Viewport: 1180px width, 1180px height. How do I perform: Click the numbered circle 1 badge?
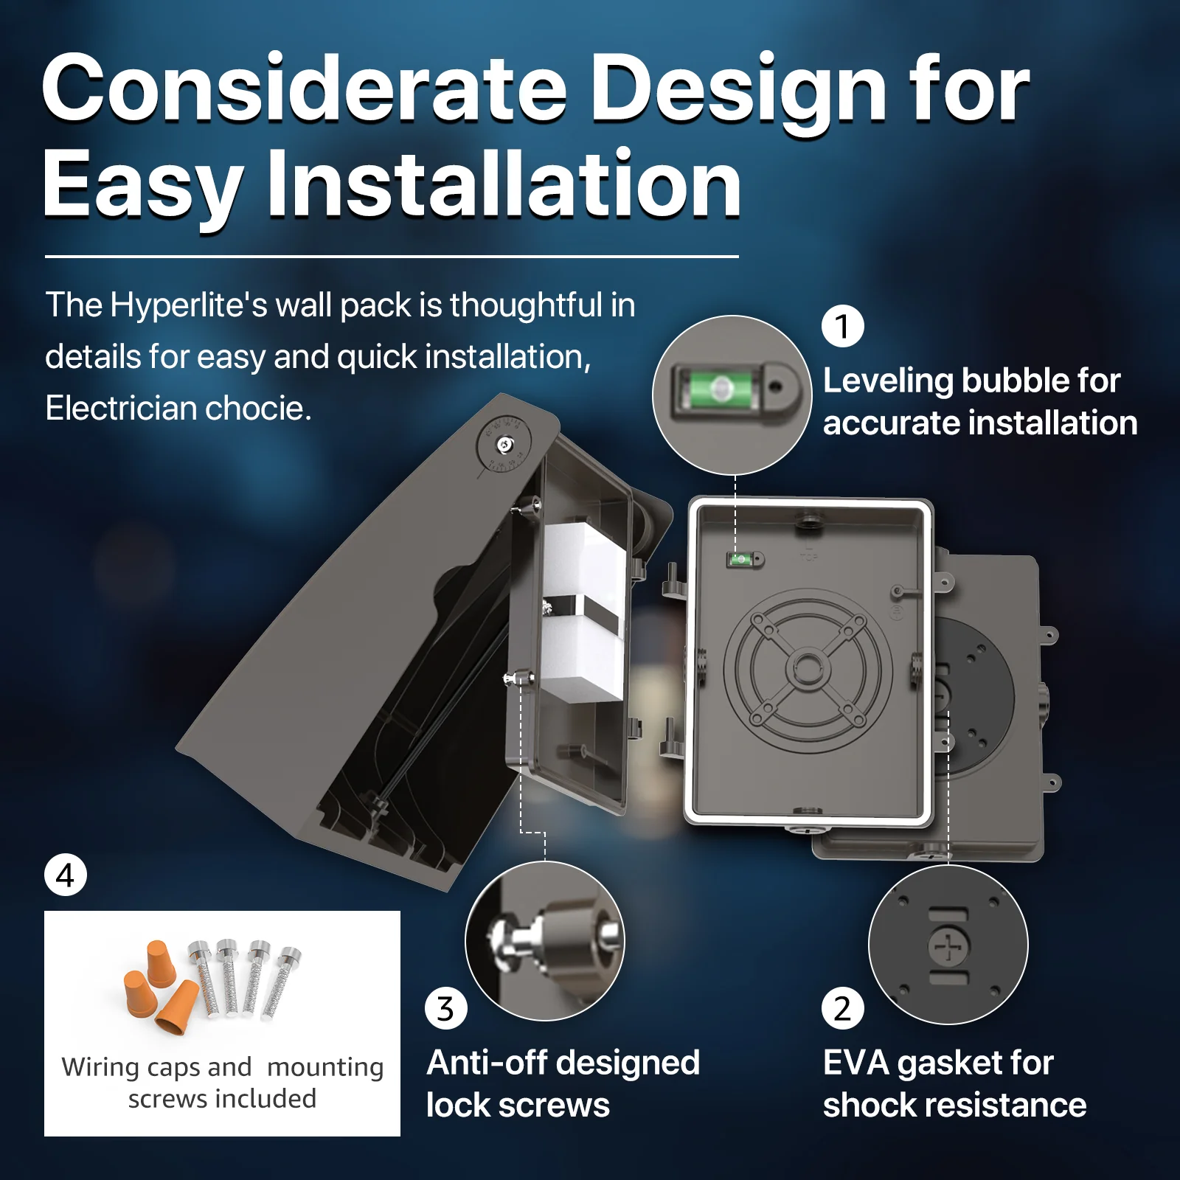842,326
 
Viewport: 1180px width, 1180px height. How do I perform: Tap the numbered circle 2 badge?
842,1008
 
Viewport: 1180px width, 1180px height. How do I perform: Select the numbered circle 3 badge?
445,1008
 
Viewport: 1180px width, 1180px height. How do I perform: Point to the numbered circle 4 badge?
65,875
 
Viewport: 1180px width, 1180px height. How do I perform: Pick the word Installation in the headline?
503,184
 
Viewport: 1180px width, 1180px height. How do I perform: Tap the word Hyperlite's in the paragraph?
188,305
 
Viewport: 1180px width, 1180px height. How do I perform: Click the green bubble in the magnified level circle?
720,388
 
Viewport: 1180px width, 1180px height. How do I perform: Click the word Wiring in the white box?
101,1067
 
